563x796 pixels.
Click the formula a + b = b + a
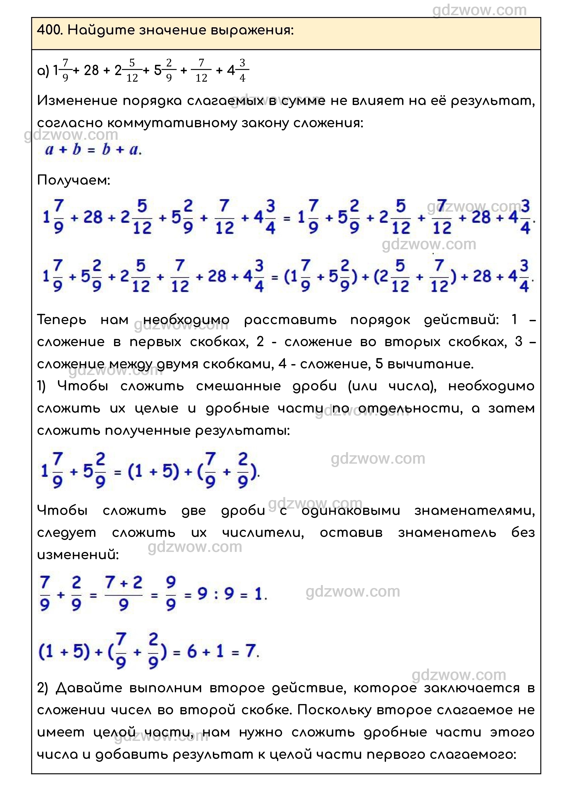tap(93, 150)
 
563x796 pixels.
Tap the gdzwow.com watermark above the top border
tap(479, 10)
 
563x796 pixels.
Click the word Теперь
tap(61, 320)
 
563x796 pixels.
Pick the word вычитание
tap(430, 364)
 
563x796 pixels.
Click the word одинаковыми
tap(351, 511)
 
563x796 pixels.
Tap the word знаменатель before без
tap(447, 533)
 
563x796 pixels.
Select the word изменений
tap(78, 555)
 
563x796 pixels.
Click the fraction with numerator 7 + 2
tap(124, 594)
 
